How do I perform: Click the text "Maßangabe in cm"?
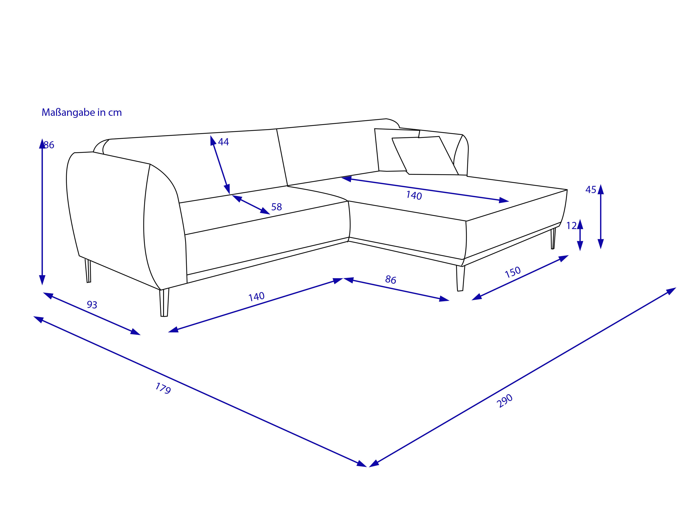point(82,112)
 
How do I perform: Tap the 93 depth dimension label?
point(92,304)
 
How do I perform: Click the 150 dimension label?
point(513,272)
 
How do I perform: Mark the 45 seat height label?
point(591,190)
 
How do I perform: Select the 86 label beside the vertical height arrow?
point(49,145)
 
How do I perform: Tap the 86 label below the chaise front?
point(391,280)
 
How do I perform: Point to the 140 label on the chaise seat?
point(414,196)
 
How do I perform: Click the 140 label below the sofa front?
point(257,297)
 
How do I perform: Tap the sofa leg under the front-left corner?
point(164,302)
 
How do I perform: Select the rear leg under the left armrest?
point(88,271)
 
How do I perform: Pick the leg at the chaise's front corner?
point(460,278)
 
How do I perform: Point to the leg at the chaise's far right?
point(553,238)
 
